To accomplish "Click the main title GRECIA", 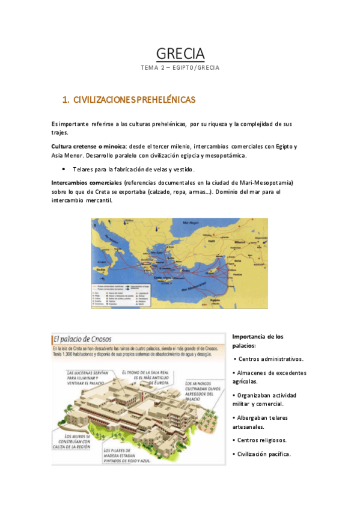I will click(180, 54).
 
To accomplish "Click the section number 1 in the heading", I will click(66, 99).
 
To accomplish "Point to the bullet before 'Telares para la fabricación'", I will click(64, 170).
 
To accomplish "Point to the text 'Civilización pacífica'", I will click(264, 454).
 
